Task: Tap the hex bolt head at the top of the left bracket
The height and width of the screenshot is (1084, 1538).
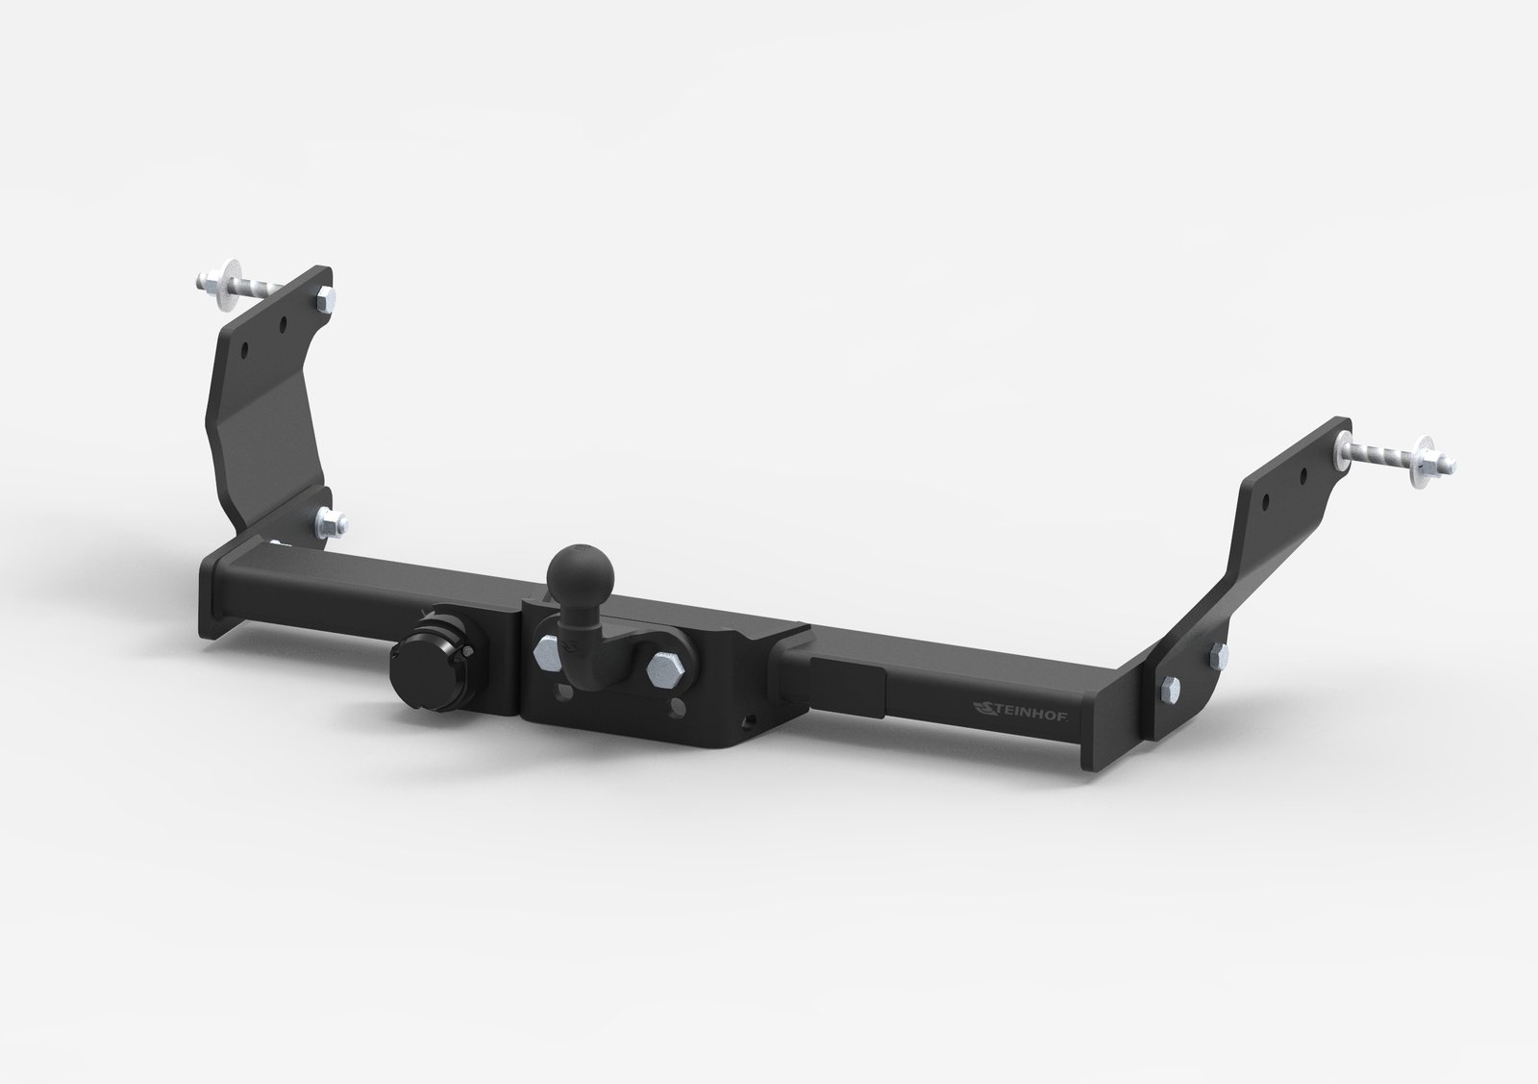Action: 326,298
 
